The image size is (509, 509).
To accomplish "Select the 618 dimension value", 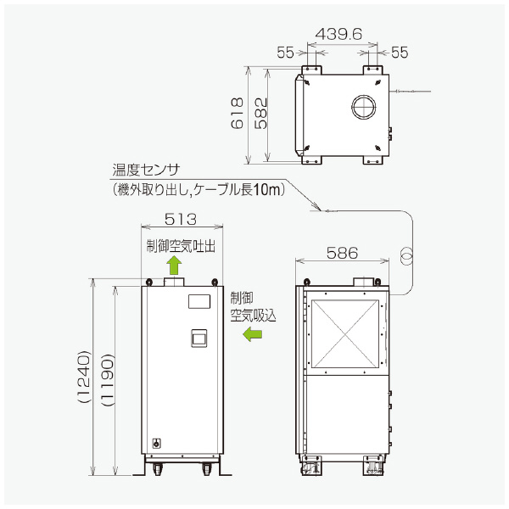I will [x=238, y=114].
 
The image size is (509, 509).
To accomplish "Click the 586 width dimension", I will [x=343, y=253].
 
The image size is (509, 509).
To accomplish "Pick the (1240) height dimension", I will [x=82, y=377].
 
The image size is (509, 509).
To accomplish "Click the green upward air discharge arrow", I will [x=175, y=266].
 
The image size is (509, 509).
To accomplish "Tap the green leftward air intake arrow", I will [x=252, y=335].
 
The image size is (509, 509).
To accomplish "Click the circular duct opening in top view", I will [x=365, y=108].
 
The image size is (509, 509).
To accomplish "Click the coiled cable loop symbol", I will [x=406, y=254].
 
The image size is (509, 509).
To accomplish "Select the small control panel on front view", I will [x=197, y=338].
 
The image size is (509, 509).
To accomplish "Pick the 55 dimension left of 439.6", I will [x=285, y=53].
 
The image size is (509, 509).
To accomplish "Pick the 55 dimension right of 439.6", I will [x=400, y=53].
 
